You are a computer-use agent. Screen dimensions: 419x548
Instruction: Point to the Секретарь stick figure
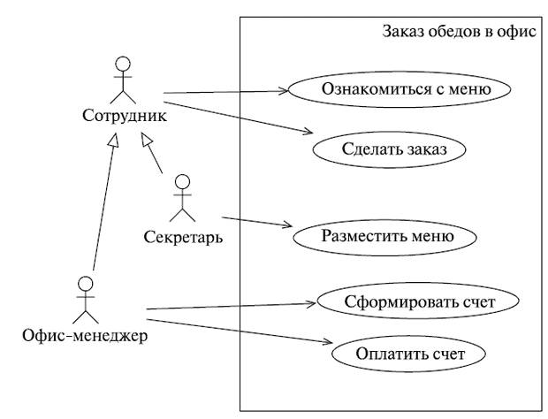[x=183, y=199]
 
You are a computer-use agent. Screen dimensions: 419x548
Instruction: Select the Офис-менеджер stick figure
[x=85, y=301]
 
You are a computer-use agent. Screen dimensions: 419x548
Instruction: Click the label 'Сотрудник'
[x=124, y=117]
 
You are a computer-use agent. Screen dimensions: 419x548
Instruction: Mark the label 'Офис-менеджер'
[x=85, y=336]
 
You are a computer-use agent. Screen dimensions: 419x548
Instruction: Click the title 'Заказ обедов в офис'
[x=459, y=33]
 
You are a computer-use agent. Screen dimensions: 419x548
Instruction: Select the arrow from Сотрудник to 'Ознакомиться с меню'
[x=226, y=90]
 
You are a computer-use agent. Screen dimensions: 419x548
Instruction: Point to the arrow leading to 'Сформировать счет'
[x=230, y=306]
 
